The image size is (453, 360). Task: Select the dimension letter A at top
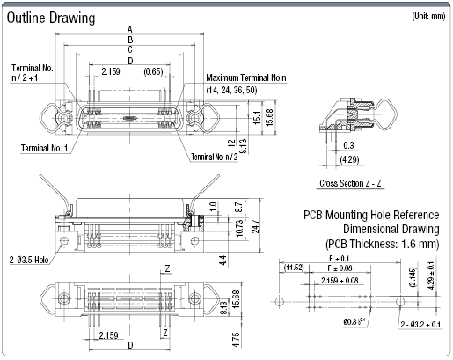coord(130,29)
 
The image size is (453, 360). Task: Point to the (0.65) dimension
coord(153,70)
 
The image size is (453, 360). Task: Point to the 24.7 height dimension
coord(253,223)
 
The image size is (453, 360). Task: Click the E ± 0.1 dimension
coord(338,258)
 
